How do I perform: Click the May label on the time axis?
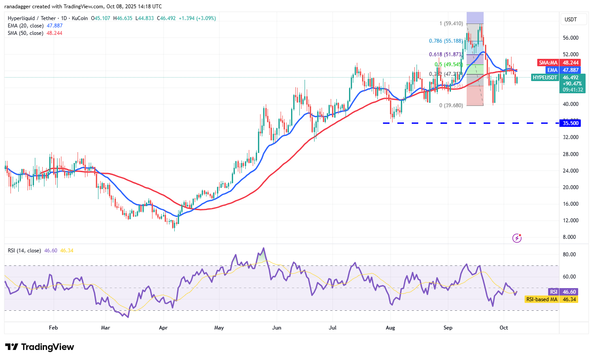point(219,327)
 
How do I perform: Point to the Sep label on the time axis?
point(448,327)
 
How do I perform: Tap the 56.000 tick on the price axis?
point(571,38)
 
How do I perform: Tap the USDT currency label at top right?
point(571,19)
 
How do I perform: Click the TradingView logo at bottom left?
point(40,347)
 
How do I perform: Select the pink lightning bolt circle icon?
point(517,238)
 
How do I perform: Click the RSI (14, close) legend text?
point(24,251)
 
